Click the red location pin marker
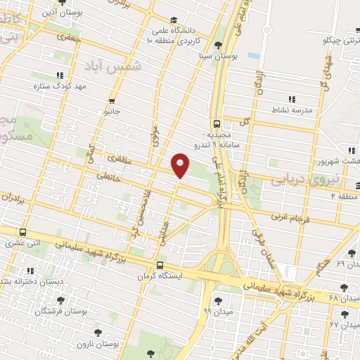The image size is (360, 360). click(181, 166)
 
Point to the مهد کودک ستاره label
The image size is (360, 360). click(59, 86)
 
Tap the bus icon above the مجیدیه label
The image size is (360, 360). click(217, 121)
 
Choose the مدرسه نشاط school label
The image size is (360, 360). click(295, 110)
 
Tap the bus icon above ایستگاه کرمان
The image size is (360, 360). click(161, 266)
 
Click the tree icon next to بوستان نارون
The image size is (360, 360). click(97, 329)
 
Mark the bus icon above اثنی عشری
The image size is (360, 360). click(23, 232)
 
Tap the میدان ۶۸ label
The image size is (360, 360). click(349, 299)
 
